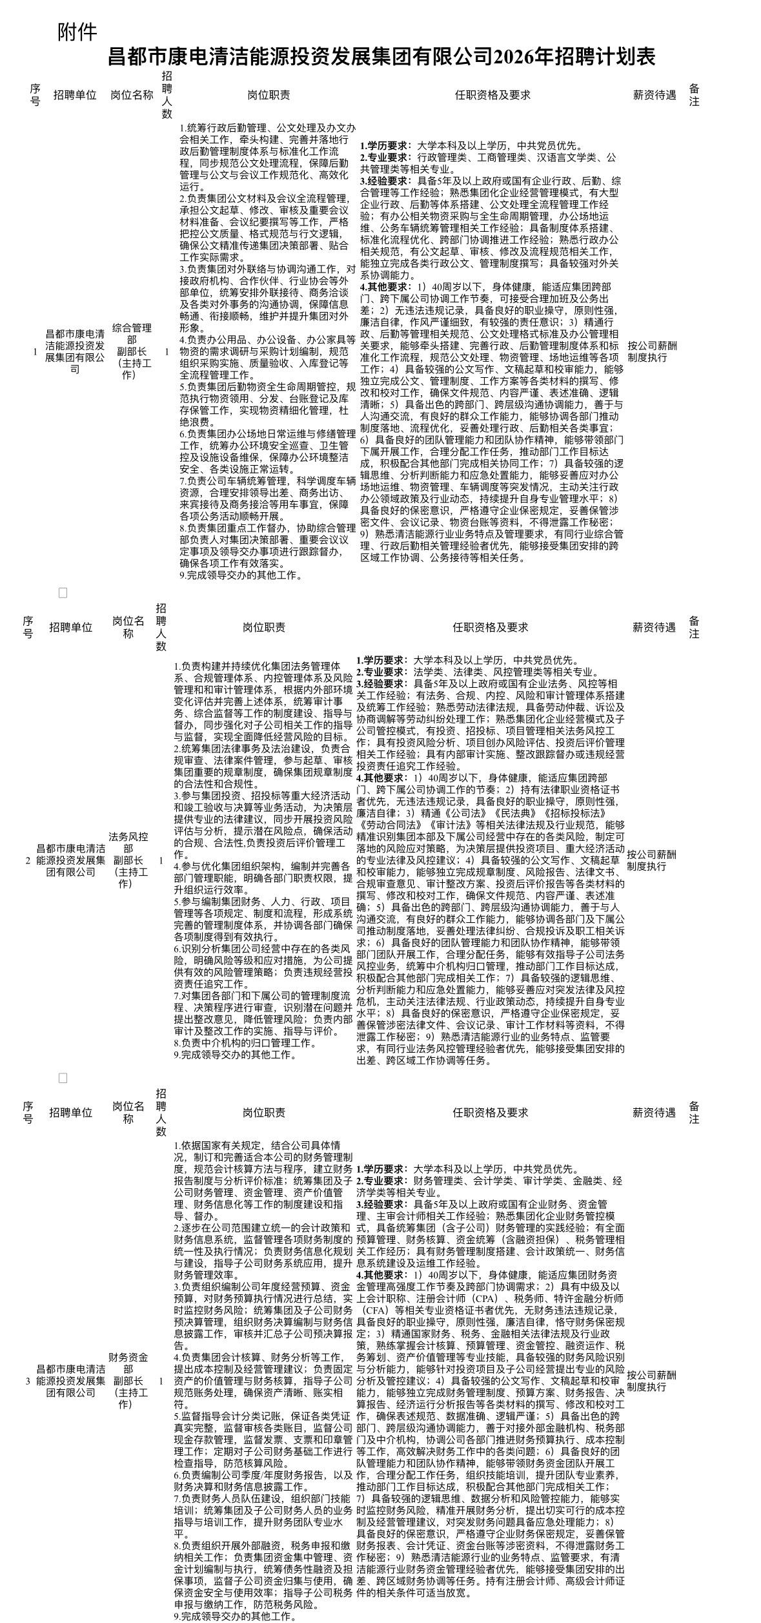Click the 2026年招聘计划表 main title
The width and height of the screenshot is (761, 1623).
coord(381,57)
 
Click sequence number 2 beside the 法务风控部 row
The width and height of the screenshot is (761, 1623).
coord(27,860)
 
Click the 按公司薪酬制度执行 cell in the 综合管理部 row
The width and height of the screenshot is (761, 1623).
coord(652,351)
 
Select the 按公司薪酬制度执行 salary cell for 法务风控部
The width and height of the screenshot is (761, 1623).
coord(652,860)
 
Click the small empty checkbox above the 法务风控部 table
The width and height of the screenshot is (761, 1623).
coord(63,593)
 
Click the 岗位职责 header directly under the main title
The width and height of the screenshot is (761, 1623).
coord(269,95)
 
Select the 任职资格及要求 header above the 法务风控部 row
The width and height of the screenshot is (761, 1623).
coord(490,627)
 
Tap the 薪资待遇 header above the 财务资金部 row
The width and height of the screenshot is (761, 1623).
coord(653,1113)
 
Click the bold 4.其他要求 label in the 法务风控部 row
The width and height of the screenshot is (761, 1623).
coord(381,778)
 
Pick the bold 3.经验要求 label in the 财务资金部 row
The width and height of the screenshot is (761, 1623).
coord(381,1204)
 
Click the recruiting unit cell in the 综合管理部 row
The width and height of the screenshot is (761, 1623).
coord(75,351)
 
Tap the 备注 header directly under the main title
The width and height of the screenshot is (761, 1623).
coord(694,95)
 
